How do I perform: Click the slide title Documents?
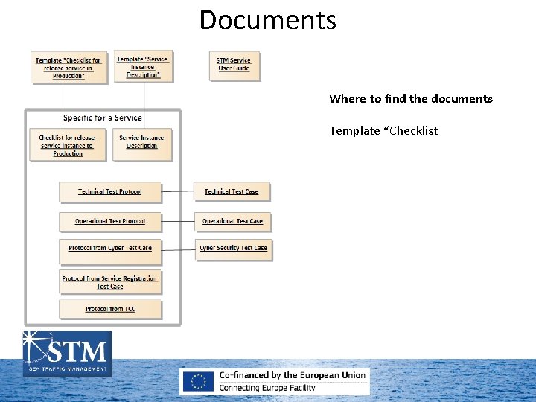tap(267, 20)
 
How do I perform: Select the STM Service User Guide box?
tap(233, 65)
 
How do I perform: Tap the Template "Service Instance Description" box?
tap(144, 67)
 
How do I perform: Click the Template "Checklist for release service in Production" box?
tap(68, 68)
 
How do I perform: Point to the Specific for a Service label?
tap(103, 118)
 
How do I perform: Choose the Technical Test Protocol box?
tap(110, 192)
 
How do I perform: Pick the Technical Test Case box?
tap(232, 192)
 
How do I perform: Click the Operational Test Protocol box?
tap(110, 221)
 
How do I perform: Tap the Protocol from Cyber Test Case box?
tap(110, 249)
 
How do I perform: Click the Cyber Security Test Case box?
tap(233, 249)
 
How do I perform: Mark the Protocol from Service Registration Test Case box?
tap(110, 282)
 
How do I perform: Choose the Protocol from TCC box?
tap(110, 309)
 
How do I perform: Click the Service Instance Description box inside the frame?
tap(142, 142)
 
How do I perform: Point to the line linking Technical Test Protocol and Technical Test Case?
tap(177, 191)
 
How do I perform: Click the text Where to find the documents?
tap(410, 99)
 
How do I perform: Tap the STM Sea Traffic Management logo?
tap(68, 353)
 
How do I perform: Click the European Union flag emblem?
tap(199, 381)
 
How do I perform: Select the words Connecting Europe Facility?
tap(267, 388)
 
